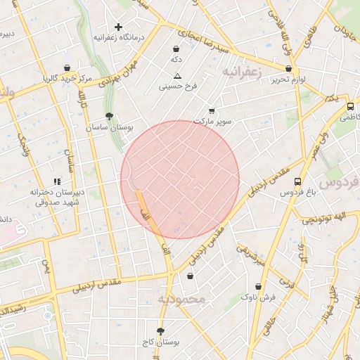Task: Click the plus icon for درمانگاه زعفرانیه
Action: point(118,27)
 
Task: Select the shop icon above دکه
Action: point(175,49)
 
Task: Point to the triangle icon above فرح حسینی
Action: point(177,75)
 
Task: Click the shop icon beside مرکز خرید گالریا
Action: point(67,68)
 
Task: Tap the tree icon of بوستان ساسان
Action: point(108,116)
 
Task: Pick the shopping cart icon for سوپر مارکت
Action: point(212,111)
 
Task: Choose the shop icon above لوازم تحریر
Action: point(289,69)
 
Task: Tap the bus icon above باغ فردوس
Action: point(297,181)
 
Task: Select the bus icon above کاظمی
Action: point(351,107)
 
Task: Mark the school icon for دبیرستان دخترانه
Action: point(57,181)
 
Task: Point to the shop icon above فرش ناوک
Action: point(259,286)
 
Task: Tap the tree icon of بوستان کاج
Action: point(161,330)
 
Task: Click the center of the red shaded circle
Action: point(180,179)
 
